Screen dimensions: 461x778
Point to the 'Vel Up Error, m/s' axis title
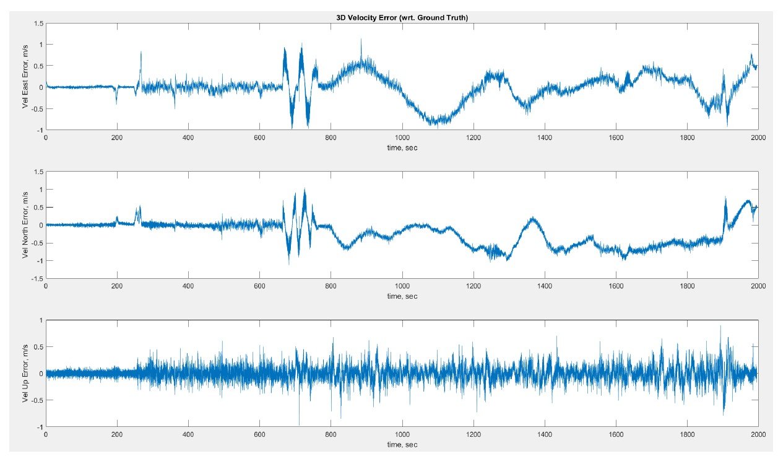pyautogui.click(x=25, y=373)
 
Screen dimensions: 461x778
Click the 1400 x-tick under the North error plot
pyautogui.click(x=545, y=286)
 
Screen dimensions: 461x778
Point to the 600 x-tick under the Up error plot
pyautogui.click(x=259, y=435)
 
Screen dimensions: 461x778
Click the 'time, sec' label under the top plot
pyautogui.click(x=402, y=147)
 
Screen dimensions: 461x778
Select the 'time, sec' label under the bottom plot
pyautogui.click(x=402, y=444)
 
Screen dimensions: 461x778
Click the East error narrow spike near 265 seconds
pyautogui.click(x=140, y=53)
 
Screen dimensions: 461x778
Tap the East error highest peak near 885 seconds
pyautogui.click(x=361, y=40)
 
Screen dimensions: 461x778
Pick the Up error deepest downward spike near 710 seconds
pyautogui.click(x=299, y=424)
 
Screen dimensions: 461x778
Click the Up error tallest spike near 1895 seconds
pyautogui.click(x=720, y=327)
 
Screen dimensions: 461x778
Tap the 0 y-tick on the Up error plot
pyautogui.click(x=41, y=374)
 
